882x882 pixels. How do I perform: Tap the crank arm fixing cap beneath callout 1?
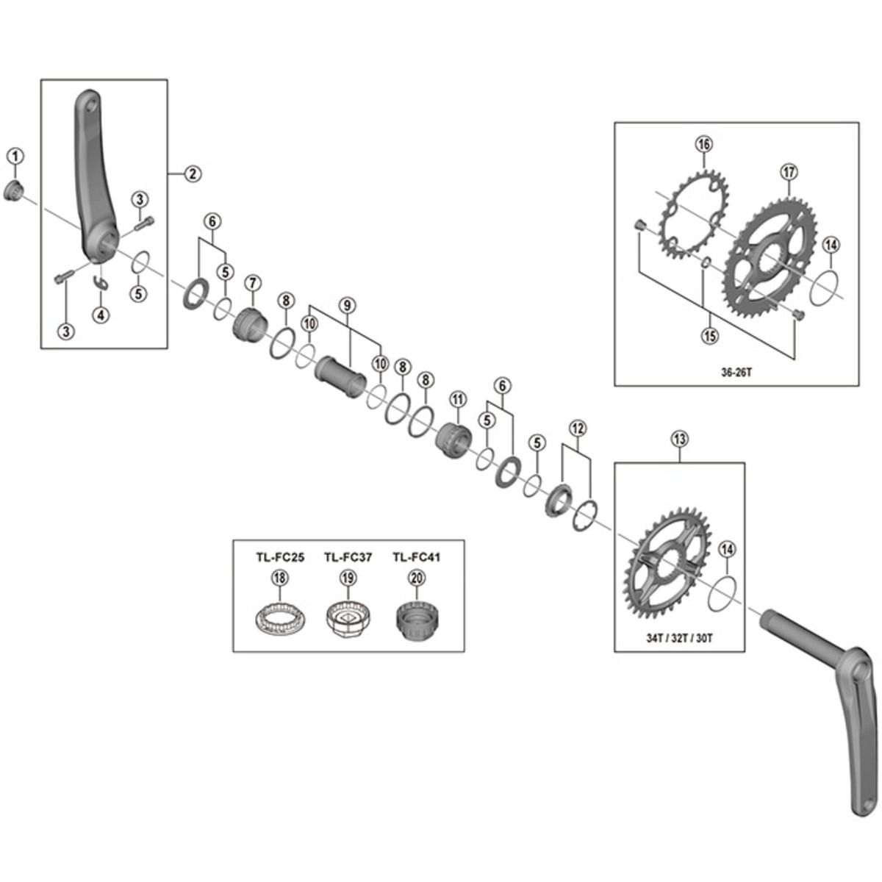(15, 193)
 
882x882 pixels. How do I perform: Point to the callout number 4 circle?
(101, 315)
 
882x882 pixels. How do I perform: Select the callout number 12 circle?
(577, 427)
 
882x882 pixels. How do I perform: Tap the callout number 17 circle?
(788, 173)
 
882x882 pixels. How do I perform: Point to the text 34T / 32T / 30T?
(679, 638)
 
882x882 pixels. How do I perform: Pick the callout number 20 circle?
(417, 578)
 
